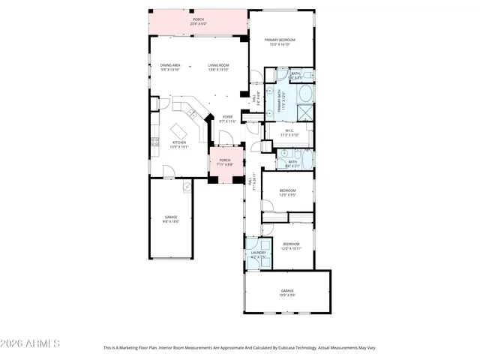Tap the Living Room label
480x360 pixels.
pos(218,67)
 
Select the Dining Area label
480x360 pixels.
pos(170,67)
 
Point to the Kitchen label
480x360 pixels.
pos(179,144)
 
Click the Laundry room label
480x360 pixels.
pos(258,255)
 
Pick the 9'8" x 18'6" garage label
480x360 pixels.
pos(171,219)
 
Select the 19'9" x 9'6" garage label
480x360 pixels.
pos(287,292)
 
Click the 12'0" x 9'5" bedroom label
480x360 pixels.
pos(288,193)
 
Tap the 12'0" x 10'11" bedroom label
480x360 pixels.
pos(291,245)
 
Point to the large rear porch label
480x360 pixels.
pos(198,22)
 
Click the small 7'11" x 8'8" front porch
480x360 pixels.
pos(225,166)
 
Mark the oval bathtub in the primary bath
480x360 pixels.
pos(305,94)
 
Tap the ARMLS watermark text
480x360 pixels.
pos(31,343)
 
